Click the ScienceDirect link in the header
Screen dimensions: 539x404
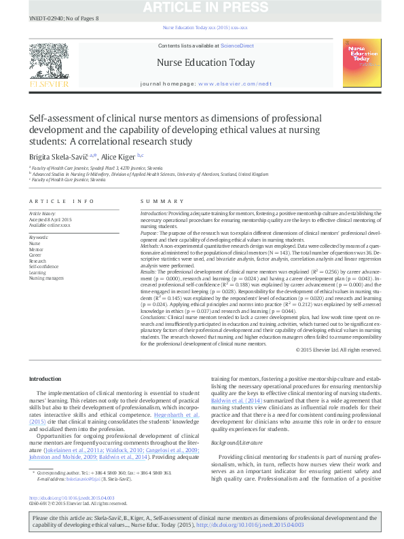(x=237, y=45)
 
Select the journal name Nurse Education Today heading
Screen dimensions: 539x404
(x=205, y=63)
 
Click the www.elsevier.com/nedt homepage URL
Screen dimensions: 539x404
(x=234, y=83)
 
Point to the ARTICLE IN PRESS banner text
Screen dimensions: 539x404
(x=202, y=8)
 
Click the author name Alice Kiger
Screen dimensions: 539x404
(x=119, y=155)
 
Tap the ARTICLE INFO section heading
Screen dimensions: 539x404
(x=62, y=202)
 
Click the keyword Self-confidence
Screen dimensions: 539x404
(x=43, y=267)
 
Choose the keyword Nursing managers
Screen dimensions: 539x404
(x=46, y=278)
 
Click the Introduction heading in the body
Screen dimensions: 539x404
(x=45, y=378)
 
